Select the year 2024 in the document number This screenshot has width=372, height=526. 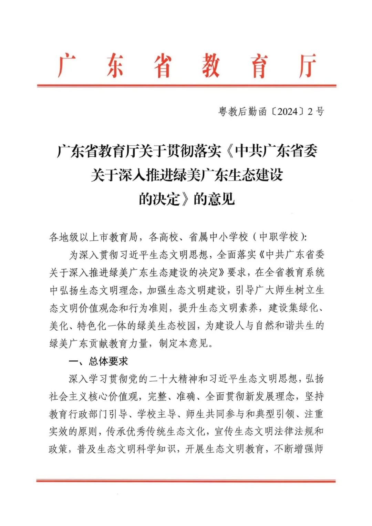click(287, 112)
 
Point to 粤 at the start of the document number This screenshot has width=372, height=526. click(223, 112)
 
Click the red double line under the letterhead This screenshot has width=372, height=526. click(186, 85)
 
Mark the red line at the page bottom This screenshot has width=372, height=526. click(186, 481)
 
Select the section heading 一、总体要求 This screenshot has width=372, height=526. click(99, 361)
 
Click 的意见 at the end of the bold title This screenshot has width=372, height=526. click(214, 199)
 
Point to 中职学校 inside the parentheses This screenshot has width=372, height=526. click(279, 237)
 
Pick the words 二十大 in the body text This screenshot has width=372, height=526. click(168, 379)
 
